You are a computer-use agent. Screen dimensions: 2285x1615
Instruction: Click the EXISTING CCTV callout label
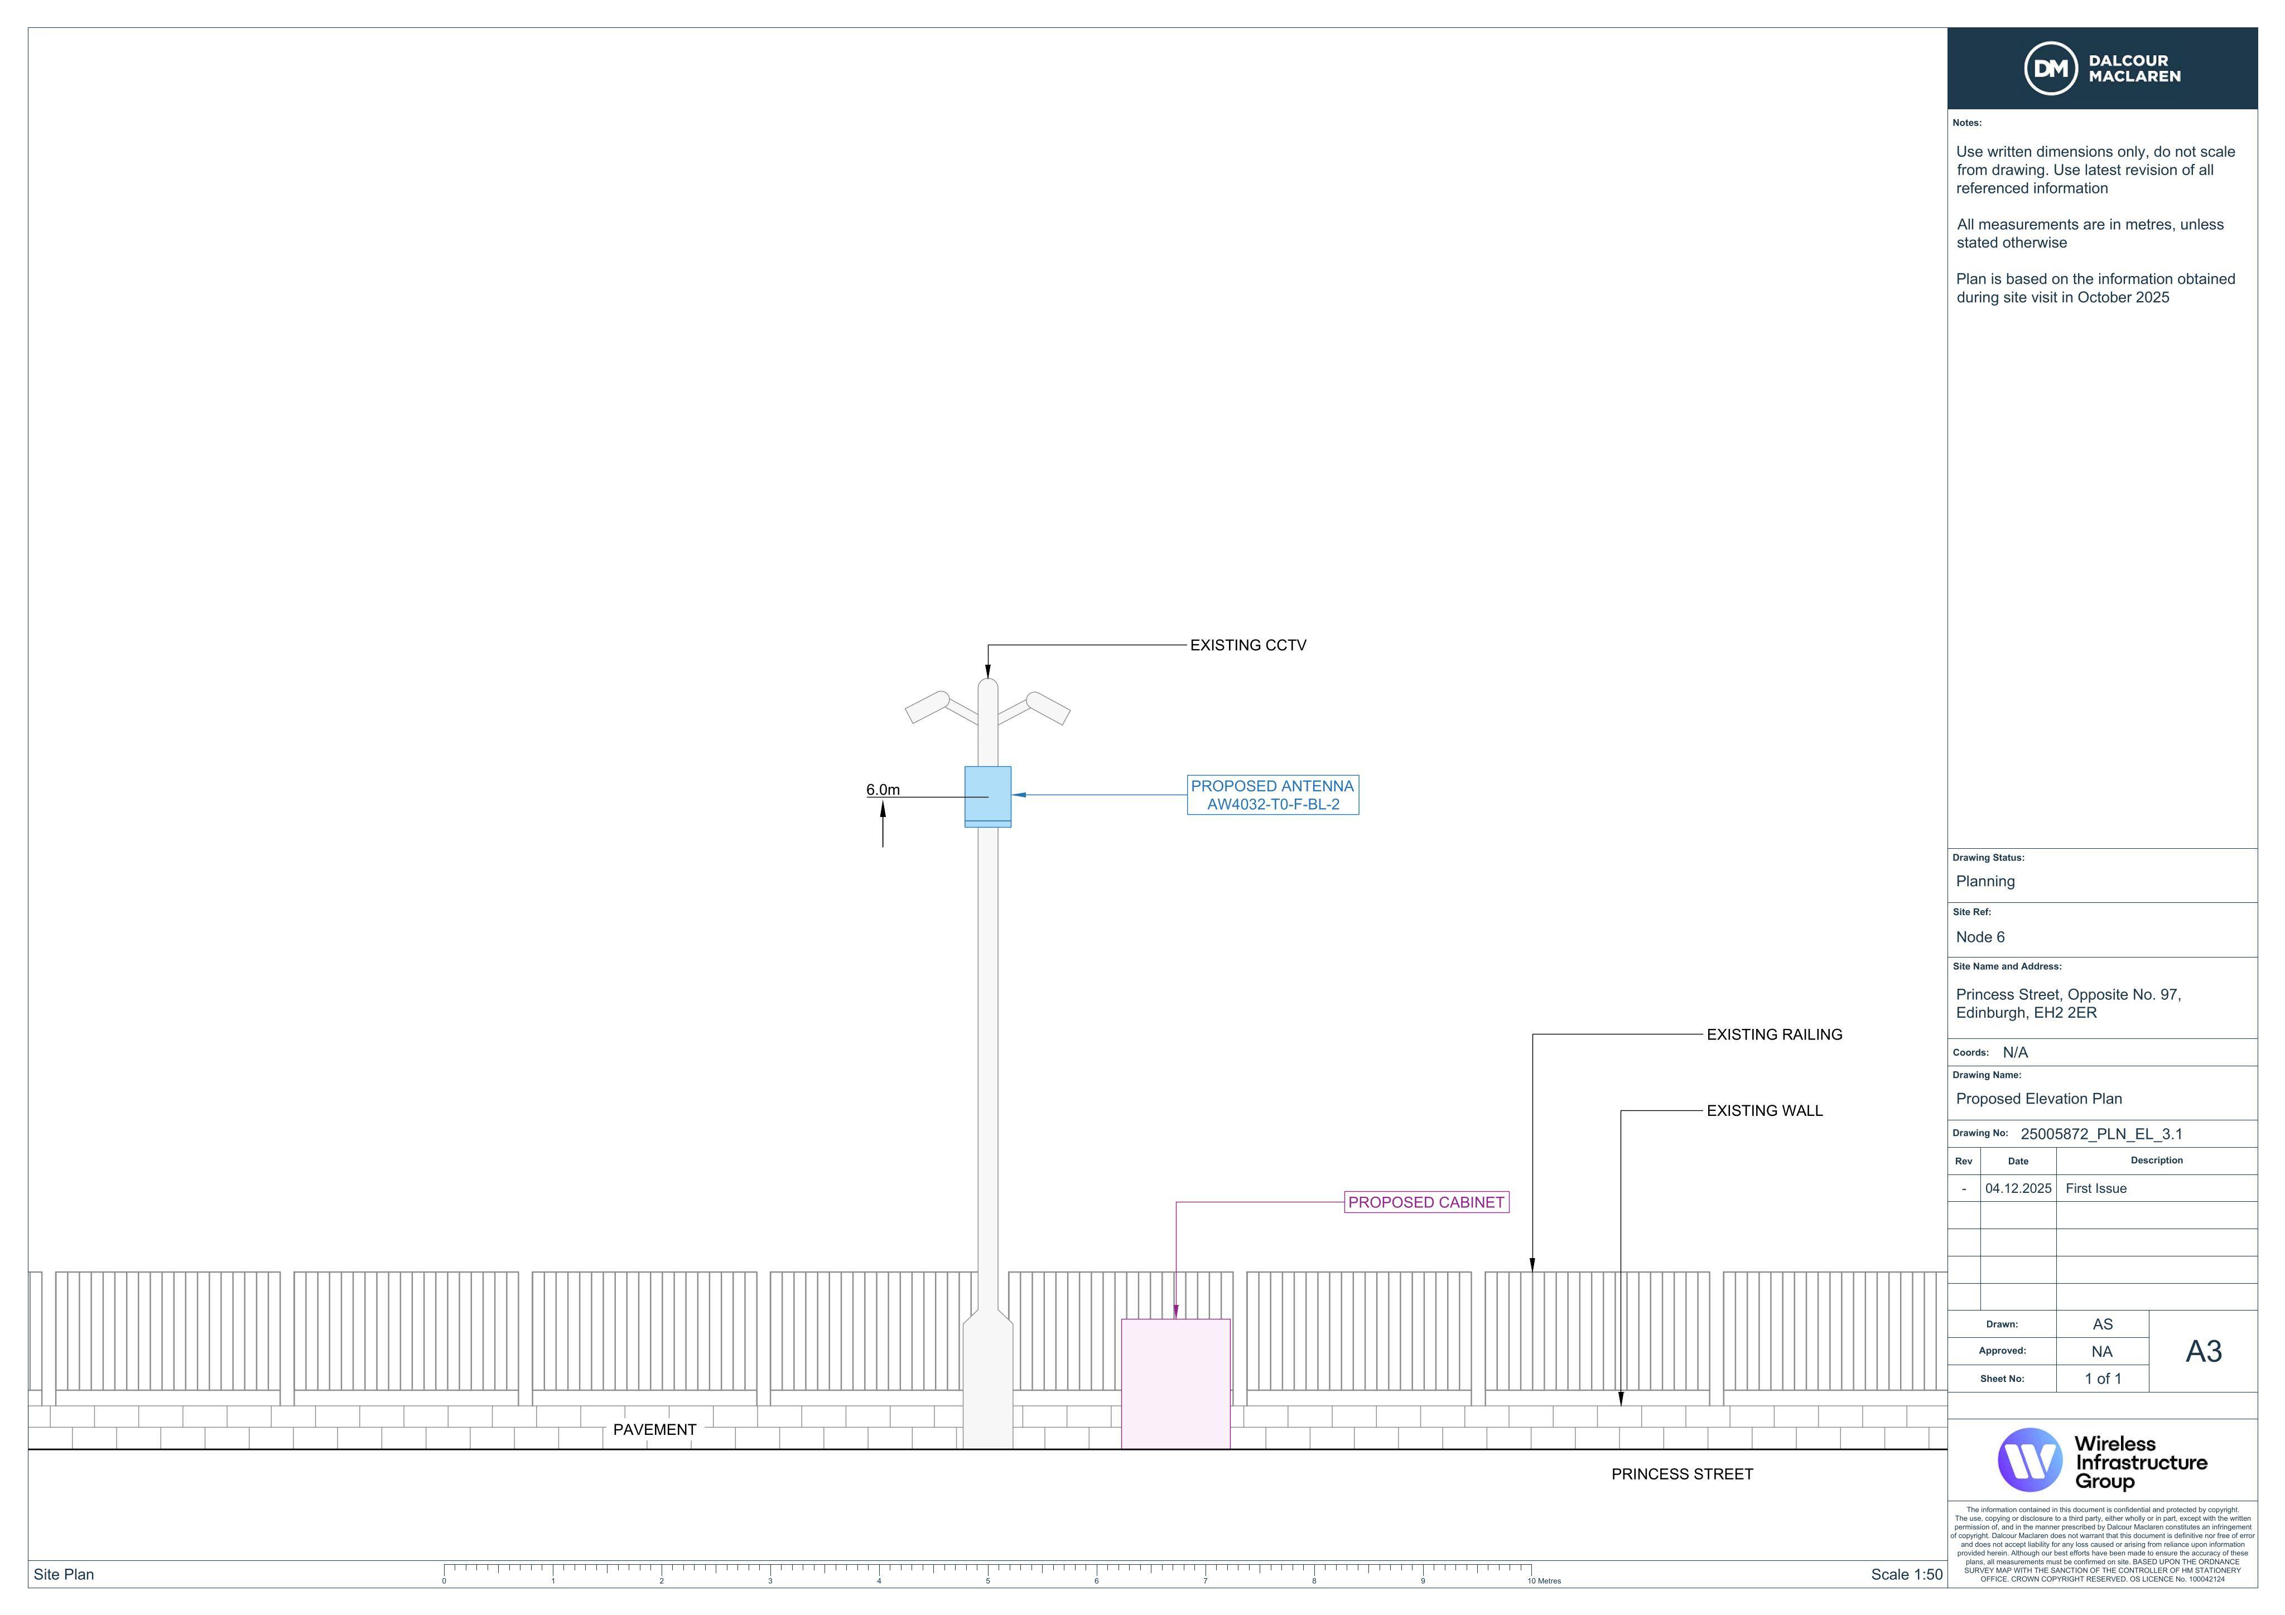[x=1248, y=645]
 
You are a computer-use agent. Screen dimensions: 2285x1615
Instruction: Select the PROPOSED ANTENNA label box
[x=1273, y=795]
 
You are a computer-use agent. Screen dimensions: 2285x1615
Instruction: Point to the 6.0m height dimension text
[x=883, y=790]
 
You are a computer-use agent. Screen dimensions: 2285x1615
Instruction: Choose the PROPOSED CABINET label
[x=1426, y=1202]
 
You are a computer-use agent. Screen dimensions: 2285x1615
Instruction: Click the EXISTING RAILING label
[x=1775, y=1035]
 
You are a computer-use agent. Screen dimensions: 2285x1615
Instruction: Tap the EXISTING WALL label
[x=1765, y=1110]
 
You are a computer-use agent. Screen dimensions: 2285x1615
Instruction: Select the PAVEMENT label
[x=655, y=1430]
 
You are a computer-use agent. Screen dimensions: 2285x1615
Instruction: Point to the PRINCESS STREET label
[x=1682, y=1474]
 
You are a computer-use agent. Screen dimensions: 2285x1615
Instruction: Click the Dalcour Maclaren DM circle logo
[x=2050, y=69]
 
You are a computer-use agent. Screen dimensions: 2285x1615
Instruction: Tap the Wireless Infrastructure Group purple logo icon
[x=2029, y=1460]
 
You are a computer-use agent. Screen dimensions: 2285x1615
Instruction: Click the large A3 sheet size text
[x=2204, y=1351]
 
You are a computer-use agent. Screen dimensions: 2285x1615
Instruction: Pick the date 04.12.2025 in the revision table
[x=2018, y=1188]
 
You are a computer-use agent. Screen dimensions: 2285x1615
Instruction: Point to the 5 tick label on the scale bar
[x=987, y=1581]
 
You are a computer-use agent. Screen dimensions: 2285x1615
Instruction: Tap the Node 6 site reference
[x=1980, y=937]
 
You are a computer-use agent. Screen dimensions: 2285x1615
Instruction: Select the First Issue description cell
[x=2096, y=1188]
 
